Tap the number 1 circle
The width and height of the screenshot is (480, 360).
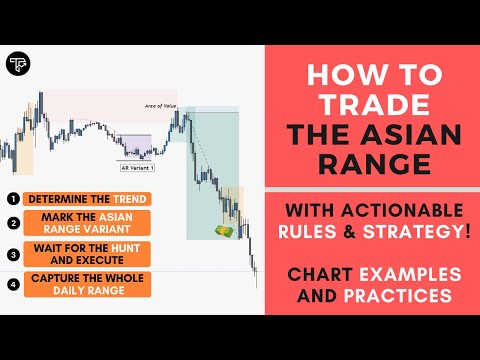[11, 198]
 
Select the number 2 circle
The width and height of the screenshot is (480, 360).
[11, 224]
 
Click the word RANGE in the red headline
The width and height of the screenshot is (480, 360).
[368, 163]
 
